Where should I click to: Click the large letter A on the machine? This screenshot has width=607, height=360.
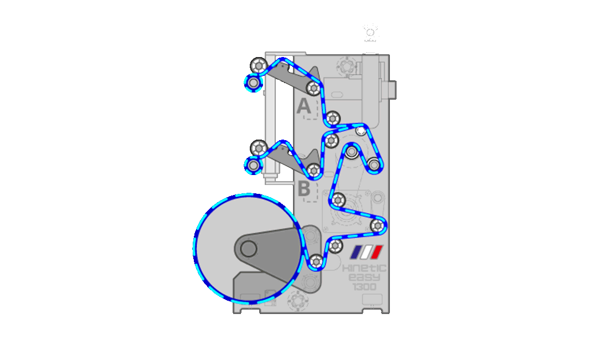(303, 105)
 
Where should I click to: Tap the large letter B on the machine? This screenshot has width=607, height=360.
(304, 188)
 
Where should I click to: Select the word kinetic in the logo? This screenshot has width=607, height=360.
(365, 268)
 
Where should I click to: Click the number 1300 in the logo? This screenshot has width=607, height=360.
(364, 286)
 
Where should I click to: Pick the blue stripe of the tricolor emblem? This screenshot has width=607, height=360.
(357, 252)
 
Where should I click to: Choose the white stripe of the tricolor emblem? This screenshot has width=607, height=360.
(367, 252)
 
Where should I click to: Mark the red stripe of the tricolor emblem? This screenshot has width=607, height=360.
(376, 252)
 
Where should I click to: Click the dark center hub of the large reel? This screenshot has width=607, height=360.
(249, 249)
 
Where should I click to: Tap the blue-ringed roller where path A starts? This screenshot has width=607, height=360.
(253, 83)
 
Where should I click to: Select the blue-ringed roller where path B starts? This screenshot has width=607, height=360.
(253, 165)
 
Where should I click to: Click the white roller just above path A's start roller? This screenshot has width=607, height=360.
(258, 65)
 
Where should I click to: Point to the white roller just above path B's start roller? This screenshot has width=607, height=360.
(258, 147)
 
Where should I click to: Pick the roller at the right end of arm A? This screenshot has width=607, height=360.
(313, 87)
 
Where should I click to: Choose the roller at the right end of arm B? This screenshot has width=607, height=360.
(314, 170)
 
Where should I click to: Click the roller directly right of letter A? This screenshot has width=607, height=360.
(332, 117)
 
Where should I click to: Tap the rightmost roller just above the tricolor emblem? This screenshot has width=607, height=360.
(378, 225)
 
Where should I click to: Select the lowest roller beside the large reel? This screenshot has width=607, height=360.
(316, 260)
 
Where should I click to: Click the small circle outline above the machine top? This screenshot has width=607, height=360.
(370, 33)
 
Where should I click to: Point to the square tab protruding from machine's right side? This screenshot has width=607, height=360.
(393, 88)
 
